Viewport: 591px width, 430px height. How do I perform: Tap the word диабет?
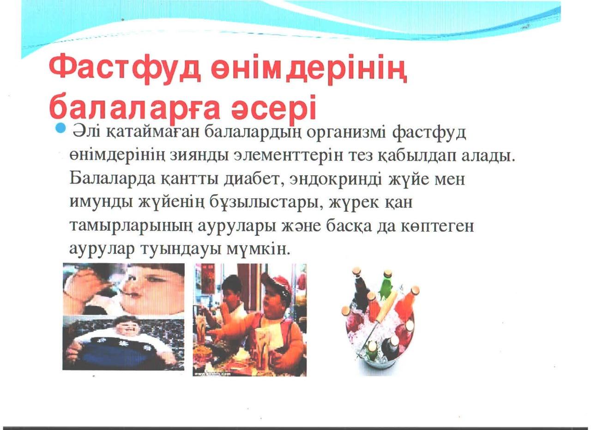tap(254, 179)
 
